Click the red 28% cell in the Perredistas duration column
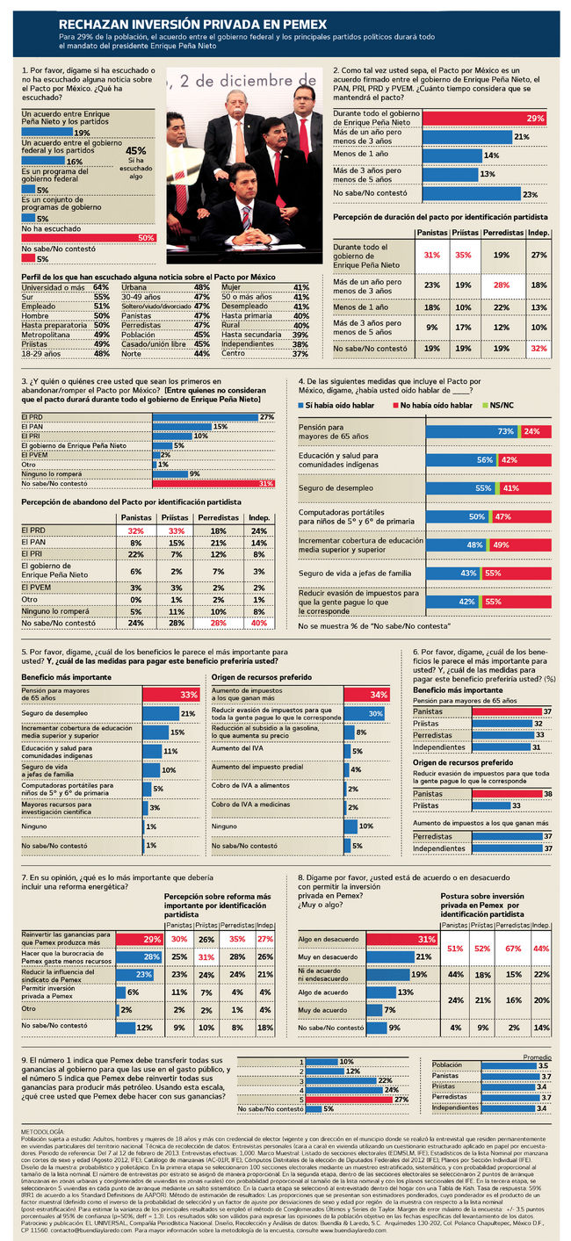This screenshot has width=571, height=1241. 501,285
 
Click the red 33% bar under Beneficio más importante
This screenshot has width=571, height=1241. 172,695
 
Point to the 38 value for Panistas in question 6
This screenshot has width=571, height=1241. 547,793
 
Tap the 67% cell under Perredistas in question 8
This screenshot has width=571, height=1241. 508,949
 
